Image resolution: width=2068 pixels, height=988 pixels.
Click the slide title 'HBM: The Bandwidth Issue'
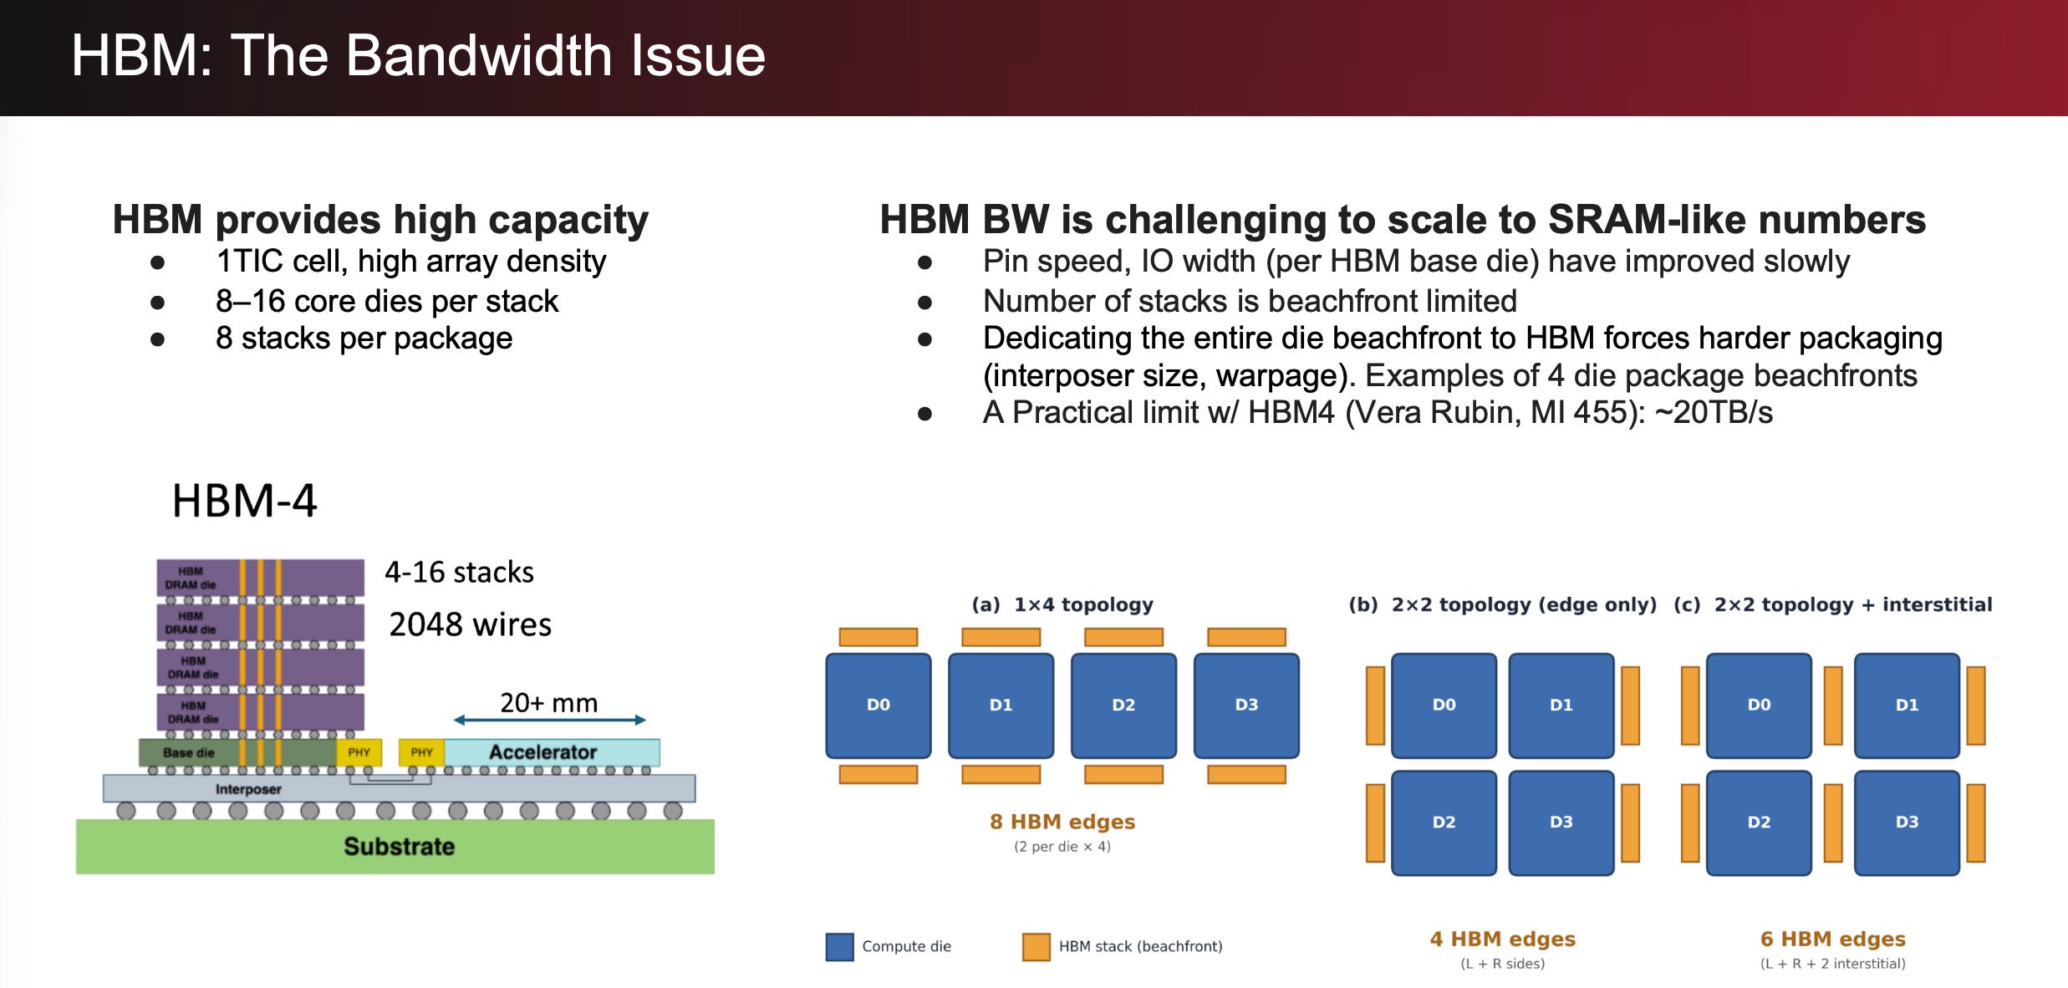(x=418, y=56)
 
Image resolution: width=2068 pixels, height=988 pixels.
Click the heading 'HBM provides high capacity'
(x=380, y=220)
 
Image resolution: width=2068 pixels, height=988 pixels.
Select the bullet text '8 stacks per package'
(x=364, y=339)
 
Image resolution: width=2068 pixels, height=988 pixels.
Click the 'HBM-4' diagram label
(x=244, y=501)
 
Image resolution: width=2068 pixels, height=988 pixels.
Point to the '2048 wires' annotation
(x=470, y=624)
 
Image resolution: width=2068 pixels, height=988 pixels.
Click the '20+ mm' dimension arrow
(x=549, y=720)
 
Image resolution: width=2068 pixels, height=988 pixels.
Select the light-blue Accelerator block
(x=552, y=752)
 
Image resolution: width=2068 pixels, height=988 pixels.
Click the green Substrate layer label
(x=400, y=847)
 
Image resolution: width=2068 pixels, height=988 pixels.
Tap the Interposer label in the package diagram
(x=248, y=789)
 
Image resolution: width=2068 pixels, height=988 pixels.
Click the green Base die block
(x=237, y=752)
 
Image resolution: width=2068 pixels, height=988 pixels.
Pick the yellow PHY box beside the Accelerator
(x=421, y=752)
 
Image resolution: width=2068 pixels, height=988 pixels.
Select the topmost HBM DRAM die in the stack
(x=260, y=578)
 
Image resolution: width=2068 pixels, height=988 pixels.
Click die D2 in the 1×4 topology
(x=1123, y=705)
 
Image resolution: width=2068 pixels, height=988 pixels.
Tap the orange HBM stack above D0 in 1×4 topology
(x=878, y=637)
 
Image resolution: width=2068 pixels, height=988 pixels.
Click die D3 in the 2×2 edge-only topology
(x=1561, y=822)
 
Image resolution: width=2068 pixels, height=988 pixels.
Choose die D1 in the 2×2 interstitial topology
(x=1907, y=705)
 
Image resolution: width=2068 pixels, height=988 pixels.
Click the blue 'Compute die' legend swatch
(x=839, y=947)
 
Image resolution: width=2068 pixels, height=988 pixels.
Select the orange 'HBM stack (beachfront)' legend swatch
(x=1037, y=947)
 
